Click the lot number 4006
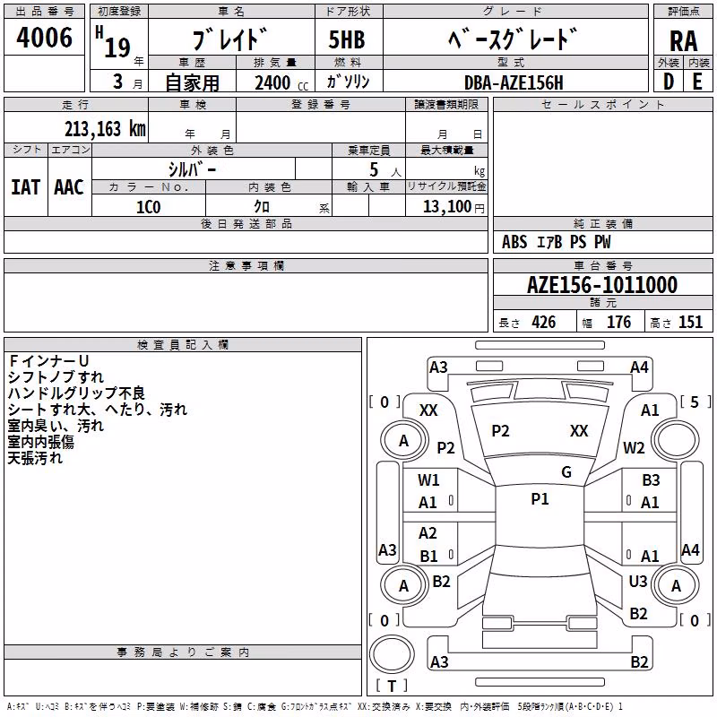tap(44, 38)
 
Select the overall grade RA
tap(683, 41)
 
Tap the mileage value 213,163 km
tap(105, 129)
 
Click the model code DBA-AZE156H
tap(514, 82)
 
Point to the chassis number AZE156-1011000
tap(601, 285)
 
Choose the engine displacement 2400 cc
tap(281, 82)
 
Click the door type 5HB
tap(347, 39)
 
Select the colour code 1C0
tap(148, 207)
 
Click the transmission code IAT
tap(26, 187)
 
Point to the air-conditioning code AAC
tap(69, 187)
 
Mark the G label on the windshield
tap(566, 472)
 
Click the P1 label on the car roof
tap(540, 499)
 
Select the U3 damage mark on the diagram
tap(638, 582)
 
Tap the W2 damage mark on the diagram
tap(634, 448)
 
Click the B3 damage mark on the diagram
tap(651, 480)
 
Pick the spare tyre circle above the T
tap(392, 654)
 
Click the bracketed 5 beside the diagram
tap(695, 402)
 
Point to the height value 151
tap(690, 322)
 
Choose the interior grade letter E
tap(697, 82)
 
